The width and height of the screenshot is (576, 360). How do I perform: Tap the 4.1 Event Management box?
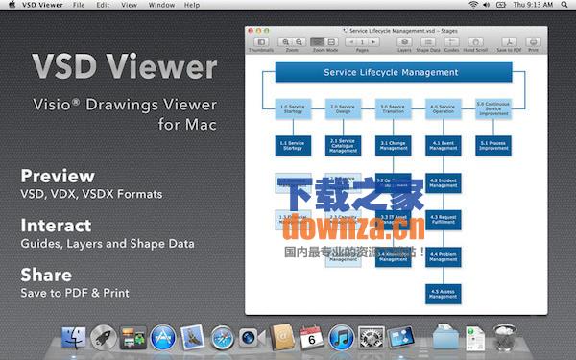tap(444, 145)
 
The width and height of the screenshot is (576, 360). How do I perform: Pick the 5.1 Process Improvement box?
tap(493, 145)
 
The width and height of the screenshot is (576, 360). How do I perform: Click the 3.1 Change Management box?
tap(393, 145)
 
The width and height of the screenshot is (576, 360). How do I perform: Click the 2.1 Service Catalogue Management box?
tap(343, 145)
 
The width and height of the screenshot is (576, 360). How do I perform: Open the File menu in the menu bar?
tap(78, 5)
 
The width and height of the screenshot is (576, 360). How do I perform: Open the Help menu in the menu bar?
tap(193, 5)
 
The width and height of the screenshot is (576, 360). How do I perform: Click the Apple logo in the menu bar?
tap(11, 5)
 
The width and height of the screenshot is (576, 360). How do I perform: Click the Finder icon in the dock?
tap(74, 338)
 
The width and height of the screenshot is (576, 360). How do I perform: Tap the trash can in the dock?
tap(504, 338)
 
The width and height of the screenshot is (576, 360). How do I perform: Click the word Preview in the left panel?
tap(58, 176)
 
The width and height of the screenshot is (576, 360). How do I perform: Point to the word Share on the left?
tap(46, 275)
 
